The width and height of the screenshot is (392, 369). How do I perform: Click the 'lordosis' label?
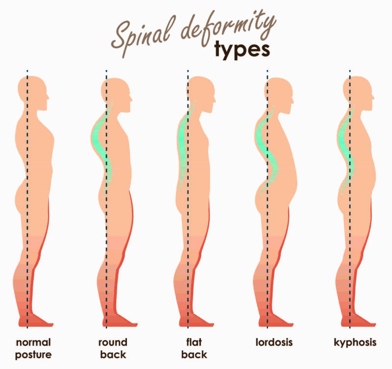pos(274,342)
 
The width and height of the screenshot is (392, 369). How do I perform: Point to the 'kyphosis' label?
pos(355,343)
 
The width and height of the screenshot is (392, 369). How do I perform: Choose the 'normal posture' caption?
pos(33,349)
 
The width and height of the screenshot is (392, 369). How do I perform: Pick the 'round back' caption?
pos(113,348)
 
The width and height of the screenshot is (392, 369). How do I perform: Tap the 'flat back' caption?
pos(194,348)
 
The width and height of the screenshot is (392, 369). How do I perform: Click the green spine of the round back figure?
pos(103,148)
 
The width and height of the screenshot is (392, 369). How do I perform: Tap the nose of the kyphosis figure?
pos(373,97)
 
